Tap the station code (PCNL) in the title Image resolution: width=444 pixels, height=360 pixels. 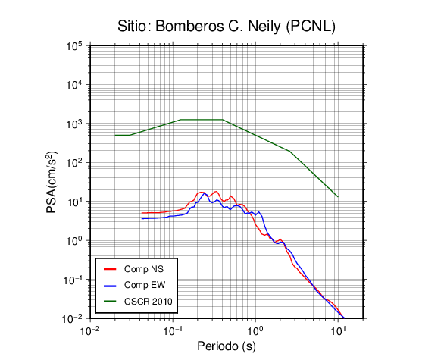click(x=311, y=27)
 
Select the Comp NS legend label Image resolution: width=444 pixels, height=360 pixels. click(x=144, y=269)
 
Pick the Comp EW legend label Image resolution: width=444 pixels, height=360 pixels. click(x=145, y=285)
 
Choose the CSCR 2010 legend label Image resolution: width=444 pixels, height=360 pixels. click(x=149, y=302)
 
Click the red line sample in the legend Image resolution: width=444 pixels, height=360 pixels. click(x=110, y=269)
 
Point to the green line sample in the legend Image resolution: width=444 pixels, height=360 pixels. click(x=110, y=302)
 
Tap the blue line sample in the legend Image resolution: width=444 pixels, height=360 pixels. click(x=110, y=285)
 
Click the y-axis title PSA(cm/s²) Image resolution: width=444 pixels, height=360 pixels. click(x=52, y=182)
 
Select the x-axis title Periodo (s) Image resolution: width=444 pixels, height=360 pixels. click(x=227, y=346)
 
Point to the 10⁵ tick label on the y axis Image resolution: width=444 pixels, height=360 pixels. click(x=74, y=46)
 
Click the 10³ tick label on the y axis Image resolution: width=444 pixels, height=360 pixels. click(x=74, y=124)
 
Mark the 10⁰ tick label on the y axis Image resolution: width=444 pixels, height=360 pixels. click(x=74, y=241)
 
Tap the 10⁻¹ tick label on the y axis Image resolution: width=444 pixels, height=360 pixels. click(x=72, y=280)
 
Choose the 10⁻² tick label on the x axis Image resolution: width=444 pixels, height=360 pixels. click(x=90, y=330)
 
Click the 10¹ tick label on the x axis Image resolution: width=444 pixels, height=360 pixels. click(x=338, y=330)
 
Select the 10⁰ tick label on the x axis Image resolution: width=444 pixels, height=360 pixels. click(x=255, y=330)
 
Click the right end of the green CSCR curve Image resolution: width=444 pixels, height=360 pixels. click(x=338, y=196)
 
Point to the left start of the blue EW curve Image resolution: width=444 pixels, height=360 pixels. click(x=142, y=219)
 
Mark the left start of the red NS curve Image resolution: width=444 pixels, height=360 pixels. click(x=142, y=213)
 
